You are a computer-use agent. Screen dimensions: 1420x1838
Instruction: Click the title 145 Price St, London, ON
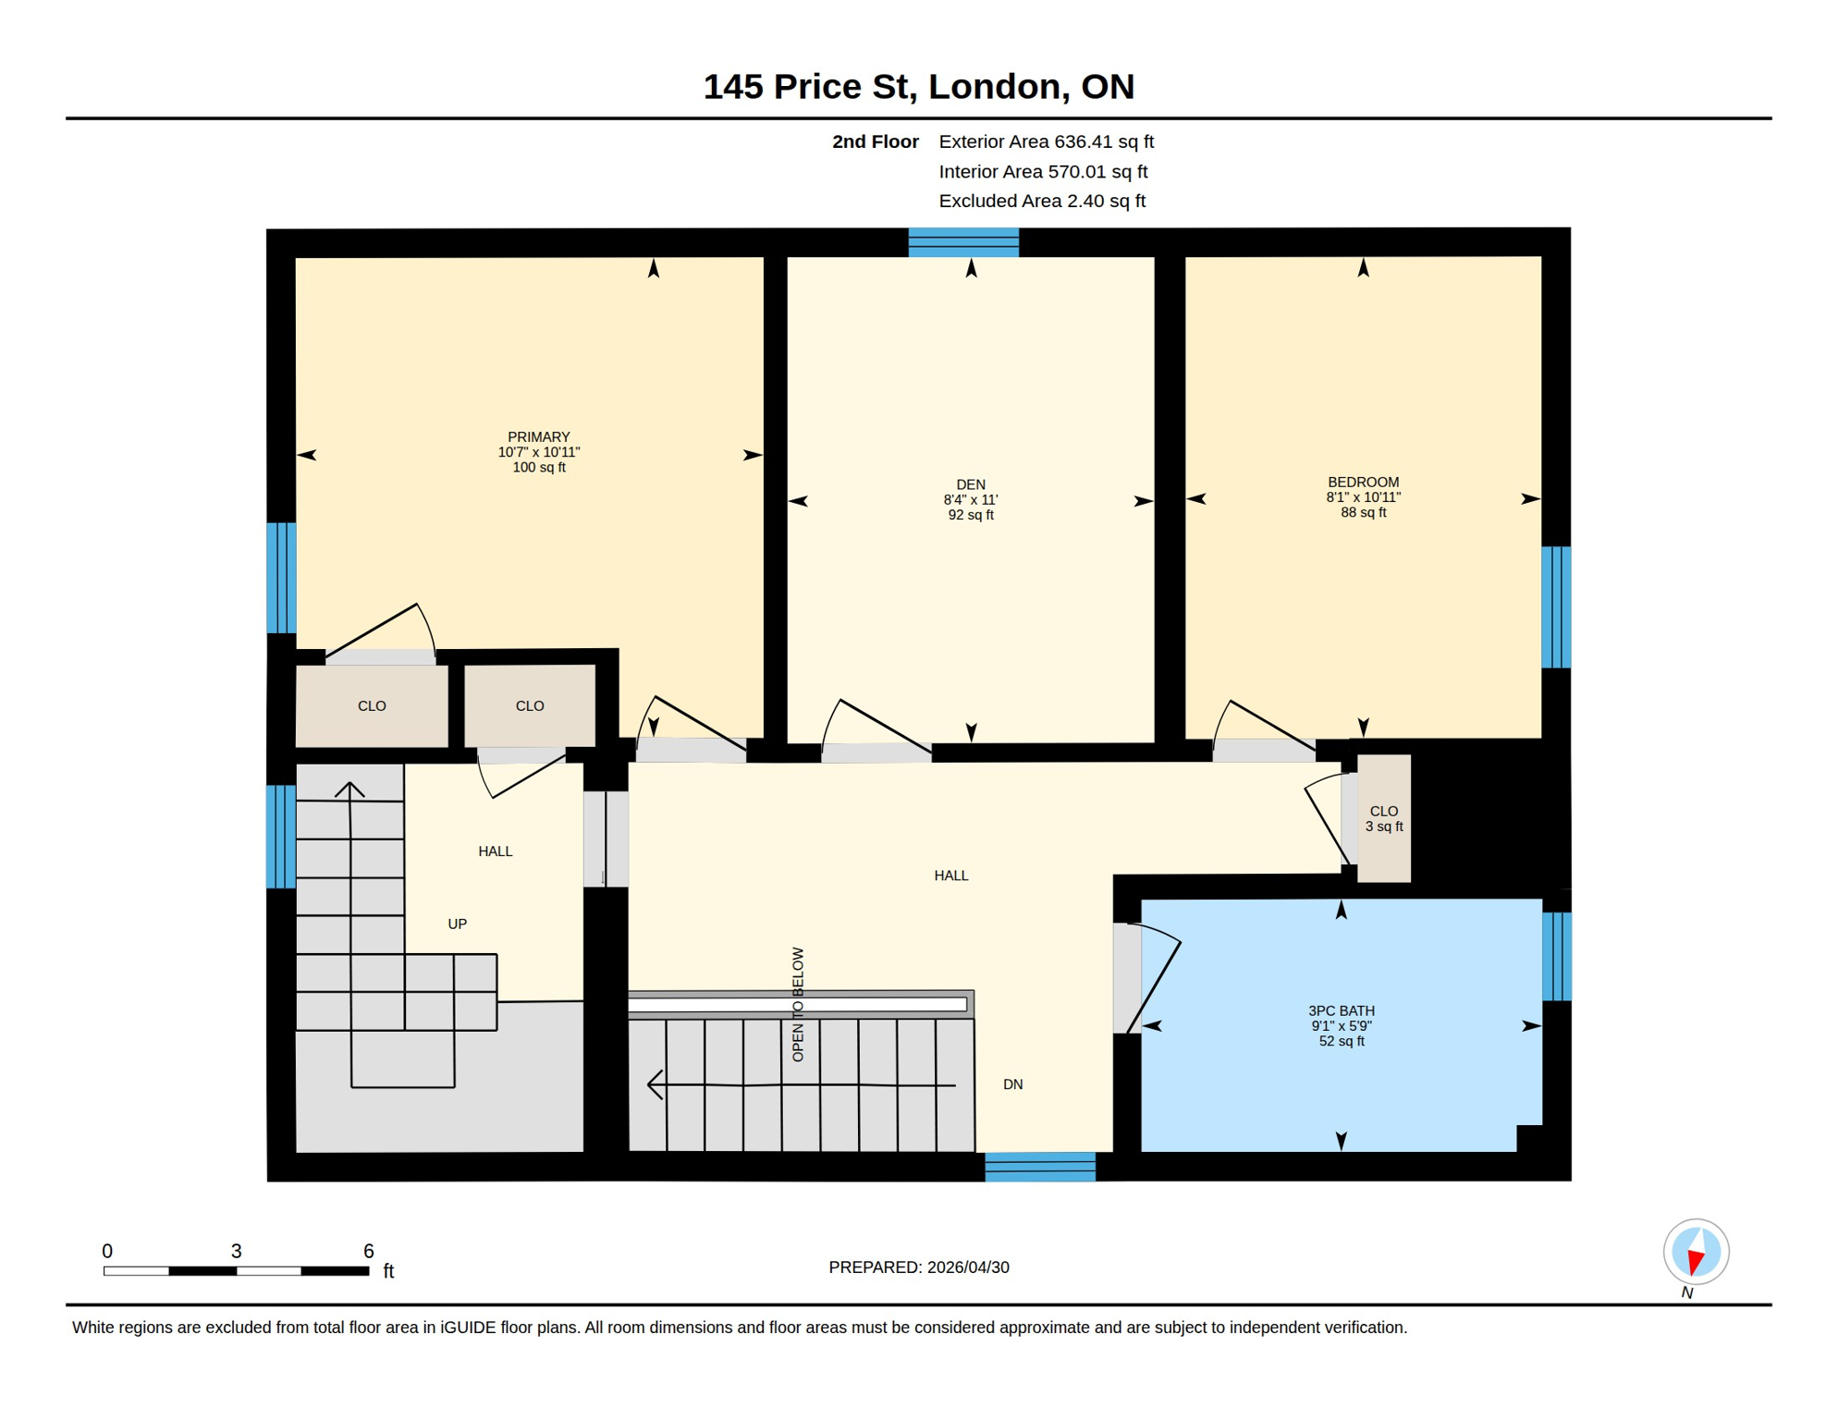[x=918, y=87]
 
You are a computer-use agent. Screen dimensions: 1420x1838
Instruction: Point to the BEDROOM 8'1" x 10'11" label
[x=1363, y=496]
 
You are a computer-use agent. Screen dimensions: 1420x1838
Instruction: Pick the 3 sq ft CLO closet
[x=1383, y=818]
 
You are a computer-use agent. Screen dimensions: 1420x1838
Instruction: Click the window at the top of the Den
[x=963, y=242]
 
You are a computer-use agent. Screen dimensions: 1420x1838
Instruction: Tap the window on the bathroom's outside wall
[x=1556, y=956]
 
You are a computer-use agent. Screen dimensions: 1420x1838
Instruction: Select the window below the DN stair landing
[x=1040, y=1167]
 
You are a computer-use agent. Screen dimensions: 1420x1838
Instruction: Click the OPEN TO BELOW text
[x=798, y=1004]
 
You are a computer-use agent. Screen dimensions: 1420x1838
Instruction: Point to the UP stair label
[x=457, y=924]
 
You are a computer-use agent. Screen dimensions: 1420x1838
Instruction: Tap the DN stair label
[x=1012, y=1083]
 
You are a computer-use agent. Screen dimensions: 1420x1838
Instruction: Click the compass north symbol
[x=1696, y=1253]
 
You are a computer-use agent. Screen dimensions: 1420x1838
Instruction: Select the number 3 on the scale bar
[x=237, y=1251]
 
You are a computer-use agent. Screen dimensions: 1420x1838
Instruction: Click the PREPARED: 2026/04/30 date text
[x=918, y=1267]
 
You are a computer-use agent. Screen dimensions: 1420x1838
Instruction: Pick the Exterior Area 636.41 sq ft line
[x=1046, y=141]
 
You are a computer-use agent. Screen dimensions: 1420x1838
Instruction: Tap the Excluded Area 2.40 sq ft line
[x=1041, y=201]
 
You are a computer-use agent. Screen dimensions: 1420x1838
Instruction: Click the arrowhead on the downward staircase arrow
[x=656, y=1083]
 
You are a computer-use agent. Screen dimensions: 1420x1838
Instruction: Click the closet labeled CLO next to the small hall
[x=529, y=705]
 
